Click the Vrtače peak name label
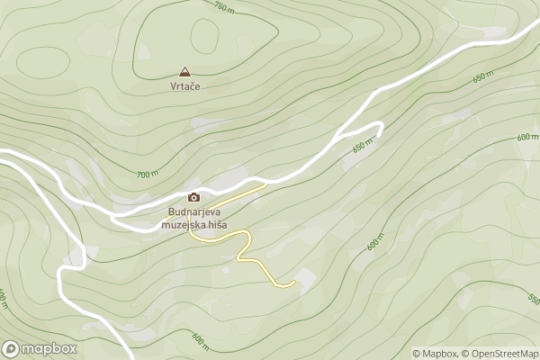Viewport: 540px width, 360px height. pos(184,86)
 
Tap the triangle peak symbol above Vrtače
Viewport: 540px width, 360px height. pos(184,71)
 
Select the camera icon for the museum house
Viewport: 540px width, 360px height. pos(193,197)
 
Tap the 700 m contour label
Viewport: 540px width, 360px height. pos(148,173)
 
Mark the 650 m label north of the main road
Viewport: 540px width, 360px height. pos(483,78)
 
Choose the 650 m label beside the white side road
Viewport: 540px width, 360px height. pos(362,147)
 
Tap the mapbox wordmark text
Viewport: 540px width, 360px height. pos(49,348)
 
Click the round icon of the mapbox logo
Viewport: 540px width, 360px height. pos(12,348)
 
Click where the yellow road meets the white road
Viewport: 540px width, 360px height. pos(265,184)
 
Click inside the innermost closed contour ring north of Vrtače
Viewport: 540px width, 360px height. pos(204,39)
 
